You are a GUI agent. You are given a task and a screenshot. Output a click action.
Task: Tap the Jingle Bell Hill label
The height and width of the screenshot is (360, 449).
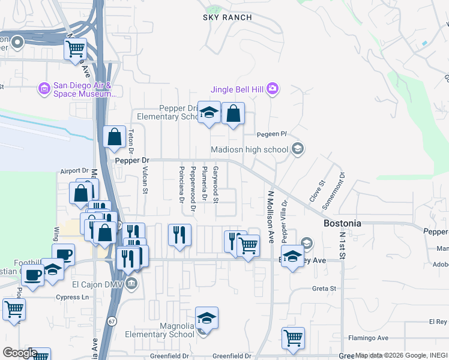(x=237, y=90)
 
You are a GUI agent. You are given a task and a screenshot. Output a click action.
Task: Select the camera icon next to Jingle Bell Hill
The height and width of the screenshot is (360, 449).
(x=272, y=89)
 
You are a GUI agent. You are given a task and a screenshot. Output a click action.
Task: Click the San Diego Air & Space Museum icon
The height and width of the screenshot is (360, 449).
(x=44, y=89)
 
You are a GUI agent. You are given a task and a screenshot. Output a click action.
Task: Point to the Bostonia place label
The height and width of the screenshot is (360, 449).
(x=342, y=223)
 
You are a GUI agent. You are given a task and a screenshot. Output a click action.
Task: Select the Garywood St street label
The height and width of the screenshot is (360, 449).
(x=224, y=185)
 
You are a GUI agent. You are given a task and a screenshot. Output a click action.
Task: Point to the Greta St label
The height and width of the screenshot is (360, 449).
(x=324, y=289)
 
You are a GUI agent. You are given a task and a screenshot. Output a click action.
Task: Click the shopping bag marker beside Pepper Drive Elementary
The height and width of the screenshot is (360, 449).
(x=233, y=113)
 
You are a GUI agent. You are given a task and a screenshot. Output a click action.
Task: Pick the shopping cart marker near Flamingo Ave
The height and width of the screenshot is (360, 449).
(x=293, y=338)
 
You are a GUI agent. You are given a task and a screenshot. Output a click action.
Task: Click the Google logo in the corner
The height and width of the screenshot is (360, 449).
(x=19, y=353)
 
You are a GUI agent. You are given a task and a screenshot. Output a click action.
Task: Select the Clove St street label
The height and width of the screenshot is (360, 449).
(x=316, y=190)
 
